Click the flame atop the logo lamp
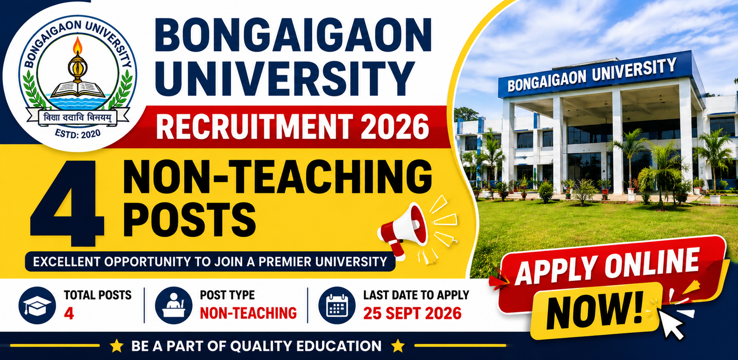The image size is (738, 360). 78,46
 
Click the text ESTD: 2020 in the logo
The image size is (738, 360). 78,134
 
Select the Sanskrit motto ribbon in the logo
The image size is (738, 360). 78,118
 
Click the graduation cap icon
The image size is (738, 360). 37,305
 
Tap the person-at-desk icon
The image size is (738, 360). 173,305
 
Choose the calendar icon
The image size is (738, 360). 337,305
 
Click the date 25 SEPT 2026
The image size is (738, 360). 412,313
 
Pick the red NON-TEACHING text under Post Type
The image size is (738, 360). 249,313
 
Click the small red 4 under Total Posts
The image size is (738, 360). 69,313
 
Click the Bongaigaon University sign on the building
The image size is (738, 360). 591,75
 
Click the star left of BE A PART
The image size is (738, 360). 116,346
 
